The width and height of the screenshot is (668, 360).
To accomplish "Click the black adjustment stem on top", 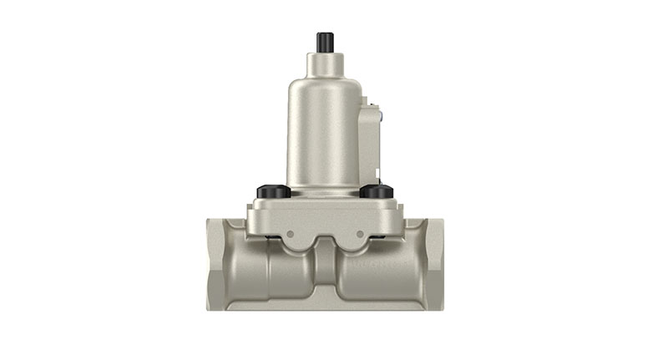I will coord(325,42).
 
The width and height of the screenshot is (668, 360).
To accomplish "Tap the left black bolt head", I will coord(273,192).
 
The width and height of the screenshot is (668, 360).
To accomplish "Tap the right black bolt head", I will coord(377,192).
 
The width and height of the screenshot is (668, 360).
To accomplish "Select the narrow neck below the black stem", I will coord(325,62).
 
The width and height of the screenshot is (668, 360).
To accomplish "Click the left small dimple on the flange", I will coord(289,234).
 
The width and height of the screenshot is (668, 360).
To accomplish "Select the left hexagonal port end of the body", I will coord(218,263).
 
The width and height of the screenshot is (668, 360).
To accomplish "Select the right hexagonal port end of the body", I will coord(432,263).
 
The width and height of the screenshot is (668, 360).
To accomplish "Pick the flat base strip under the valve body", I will coord(325,305).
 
